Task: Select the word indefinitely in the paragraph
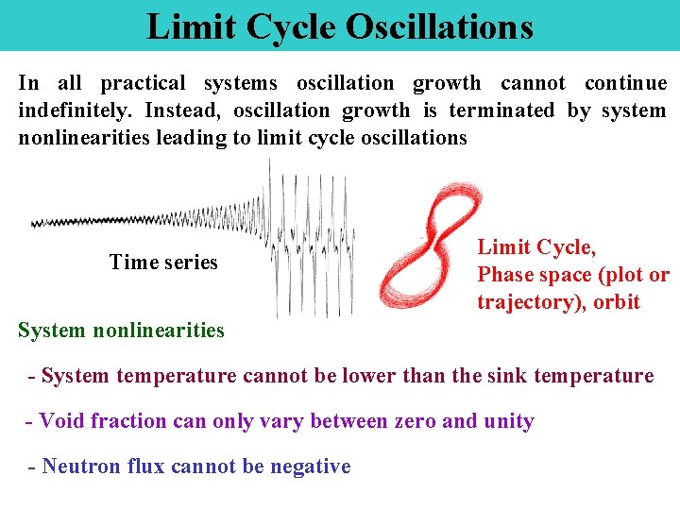[x=76, y=110]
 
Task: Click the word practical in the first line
[x=143, y=83]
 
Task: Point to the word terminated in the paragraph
[x=501, y=110]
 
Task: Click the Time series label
[x=163, y=263]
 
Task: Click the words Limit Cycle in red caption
[x=536, y=247]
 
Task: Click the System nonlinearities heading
[x=122, y=331]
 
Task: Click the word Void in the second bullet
[x=61, y=421]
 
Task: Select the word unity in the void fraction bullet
[x=509, y=421]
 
